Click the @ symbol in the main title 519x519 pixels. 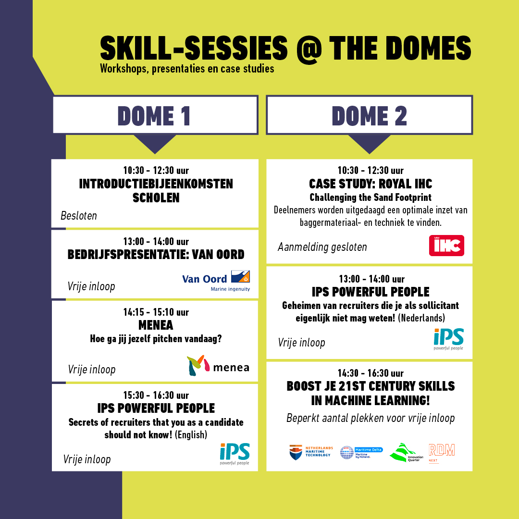[309, 49]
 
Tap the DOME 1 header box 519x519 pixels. [155, 115]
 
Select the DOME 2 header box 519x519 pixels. [370, 115]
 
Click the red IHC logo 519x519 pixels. [446, 246]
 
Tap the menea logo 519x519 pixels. [218, 365]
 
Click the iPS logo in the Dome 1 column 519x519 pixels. [235, 454]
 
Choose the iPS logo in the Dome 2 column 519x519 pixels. [448, 339]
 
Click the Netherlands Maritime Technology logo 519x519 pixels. [311, 452]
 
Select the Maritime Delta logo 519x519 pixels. [361, 453]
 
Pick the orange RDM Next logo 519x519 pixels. [442, 453]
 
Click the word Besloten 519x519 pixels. [79, 216]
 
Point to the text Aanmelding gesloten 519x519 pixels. [322, 247]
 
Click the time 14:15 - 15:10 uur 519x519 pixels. [156, 312]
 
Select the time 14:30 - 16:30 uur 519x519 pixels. [371, 373]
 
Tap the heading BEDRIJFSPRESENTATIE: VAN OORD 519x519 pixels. [156, 255]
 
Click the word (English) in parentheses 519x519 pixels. [191, 434]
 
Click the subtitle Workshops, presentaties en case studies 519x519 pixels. [187, 69]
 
